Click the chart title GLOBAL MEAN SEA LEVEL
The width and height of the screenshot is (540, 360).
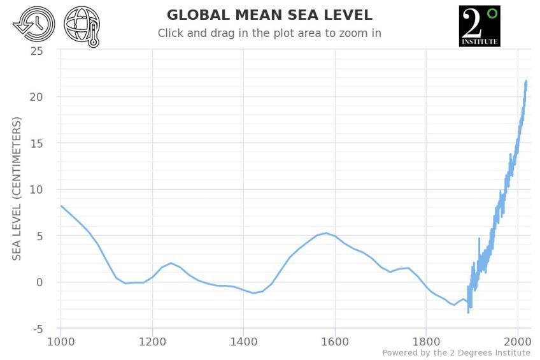269,15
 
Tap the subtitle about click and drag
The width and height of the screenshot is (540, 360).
269,33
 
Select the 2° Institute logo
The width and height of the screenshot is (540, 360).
479,26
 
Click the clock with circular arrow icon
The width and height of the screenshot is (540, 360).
33,25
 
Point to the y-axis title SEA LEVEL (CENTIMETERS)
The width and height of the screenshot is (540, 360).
17,188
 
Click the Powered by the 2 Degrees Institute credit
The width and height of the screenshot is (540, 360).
456,353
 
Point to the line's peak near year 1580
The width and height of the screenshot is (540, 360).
326,233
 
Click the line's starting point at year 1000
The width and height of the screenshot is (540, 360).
61,206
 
